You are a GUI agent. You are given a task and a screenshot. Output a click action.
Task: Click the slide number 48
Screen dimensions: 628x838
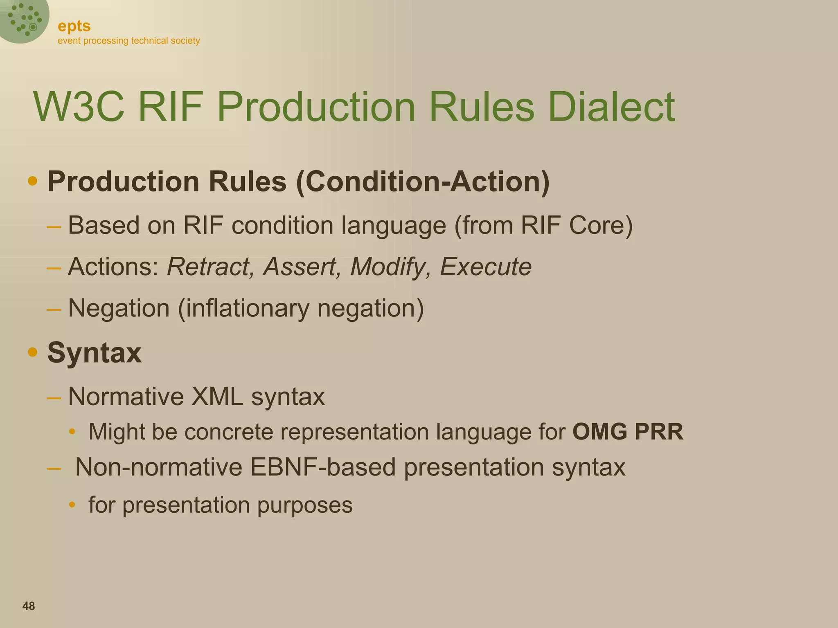tap(29, 606)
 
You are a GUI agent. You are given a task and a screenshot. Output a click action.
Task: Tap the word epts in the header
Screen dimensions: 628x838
tap(74, 26)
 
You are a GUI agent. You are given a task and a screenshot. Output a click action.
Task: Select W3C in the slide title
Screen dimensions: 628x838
tap(79, 107)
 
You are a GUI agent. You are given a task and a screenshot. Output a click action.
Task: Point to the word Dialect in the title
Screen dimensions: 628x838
tap(611, 107)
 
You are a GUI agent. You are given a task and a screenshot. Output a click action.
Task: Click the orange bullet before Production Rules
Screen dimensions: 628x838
tap(33, 181)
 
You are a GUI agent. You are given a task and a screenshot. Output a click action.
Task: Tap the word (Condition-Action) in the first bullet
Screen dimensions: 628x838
tap(423, 182)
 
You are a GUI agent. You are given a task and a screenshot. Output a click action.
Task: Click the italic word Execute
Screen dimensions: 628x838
tap(485, 267)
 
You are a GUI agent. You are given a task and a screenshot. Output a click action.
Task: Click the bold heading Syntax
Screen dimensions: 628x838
tap(94, 352)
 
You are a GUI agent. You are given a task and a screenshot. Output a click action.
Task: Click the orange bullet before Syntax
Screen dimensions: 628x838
tap(33, 352)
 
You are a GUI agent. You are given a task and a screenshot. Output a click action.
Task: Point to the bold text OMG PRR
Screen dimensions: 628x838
tap(628, 432)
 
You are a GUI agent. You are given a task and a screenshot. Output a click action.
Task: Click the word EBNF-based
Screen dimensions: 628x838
tap(323, 467)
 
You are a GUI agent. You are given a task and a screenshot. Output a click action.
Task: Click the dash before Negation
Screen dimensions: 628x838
tap(54, 309)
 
